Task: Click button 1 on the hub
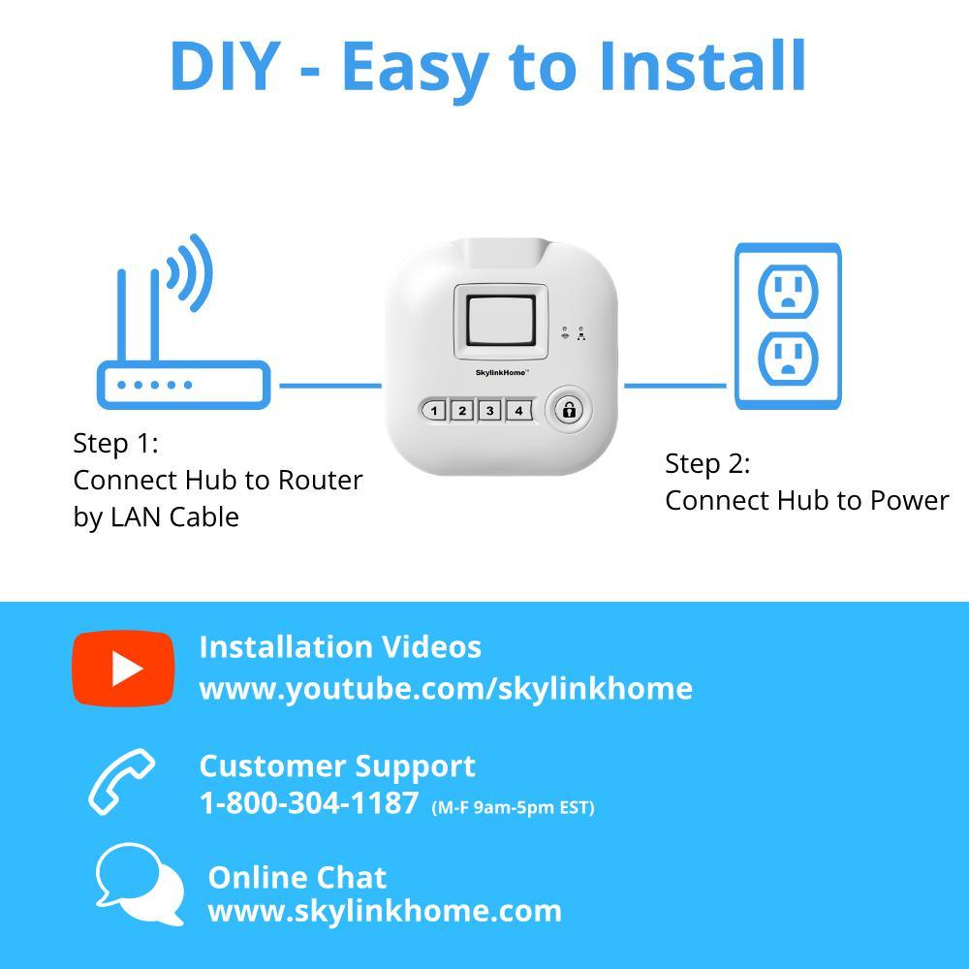(434, 410)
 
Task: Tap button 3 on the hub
(490, 410)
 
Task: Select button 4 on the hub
(518, 410)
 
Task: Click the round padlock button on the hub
(569, 410)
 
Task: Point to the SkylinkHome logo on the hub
(502, 373)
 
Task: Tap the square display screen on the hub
(501, 321)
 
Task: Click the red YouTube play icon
(123, 668)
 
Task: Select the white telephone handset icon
(121, 781)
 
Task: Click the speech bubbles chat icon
(140, 884)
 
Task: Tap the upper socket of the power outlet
(788, 291)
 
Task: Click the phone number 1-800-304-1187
(309, 803)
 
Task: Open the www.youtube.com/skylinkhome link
(446, 688)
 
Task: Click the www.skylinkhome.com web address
(385, 911)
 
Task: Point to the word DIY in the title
(226, 66)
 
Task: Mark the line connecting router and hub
(330, 386)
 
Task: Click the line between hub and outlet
(674, 386)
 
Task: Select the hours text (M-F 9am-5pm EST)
(513, 808)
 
